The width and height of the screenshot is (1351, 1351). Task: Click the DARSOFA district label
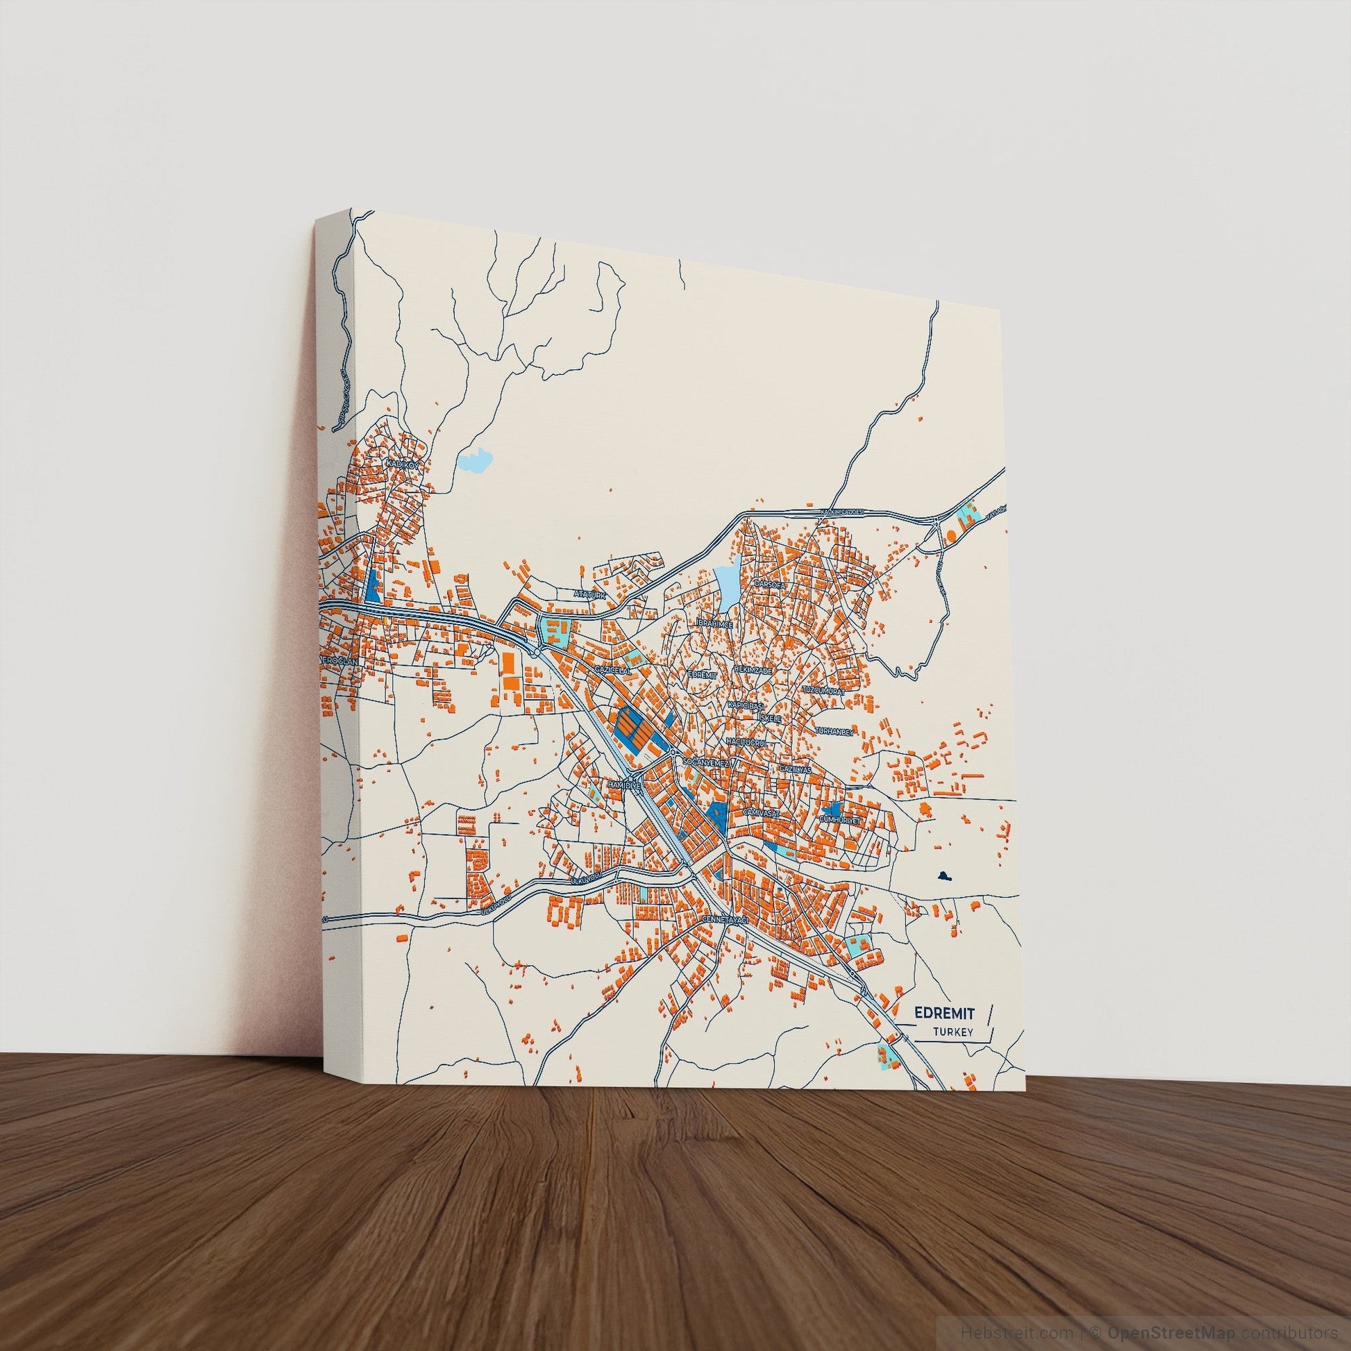click(771, 583)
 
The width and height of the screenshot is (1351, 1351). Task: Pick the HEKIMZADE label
click(753, 670)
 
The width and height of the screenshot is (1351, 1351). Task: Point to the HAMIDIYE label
click(624, 786)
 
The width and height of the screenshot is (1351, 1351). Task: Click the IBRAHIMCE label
click(714, 622)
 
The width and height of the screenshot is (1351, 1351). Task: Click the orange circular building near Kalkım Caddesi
click(950, 537)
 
